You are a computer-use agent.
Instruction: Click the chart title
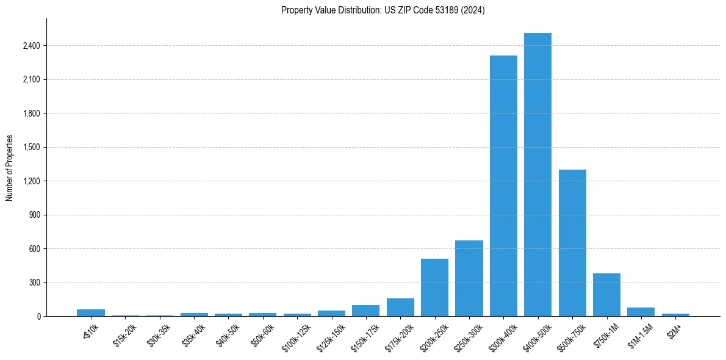pos(383,10)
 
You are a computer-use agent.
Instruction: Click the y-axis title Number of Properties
pos(10,168)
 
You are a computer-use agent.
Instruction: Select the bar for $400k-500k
pos(537,175)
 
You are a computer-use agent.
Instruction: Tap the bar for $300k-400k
pos(503,186)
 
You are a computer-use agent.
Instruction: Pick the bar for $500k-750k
pos(572,243)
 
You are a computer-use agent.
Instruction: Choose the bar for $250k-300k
pos(469,278)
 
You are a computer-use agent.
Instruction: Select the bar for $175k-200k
pos(400,307)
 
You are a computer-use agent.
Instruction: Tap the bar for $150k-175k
pos(365,311)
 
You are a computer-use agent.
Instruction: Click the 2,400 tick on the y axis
pos(31,46)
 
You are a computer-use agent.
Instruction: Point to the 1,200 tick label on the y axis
pos(31,181)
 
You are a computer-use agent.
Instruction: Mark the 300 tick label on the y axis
pos(35,283)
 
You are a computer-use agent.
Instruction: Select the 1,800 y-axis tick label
pos(31,113)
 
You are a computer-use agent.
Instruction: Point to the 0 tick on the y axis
pos(38,317)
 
